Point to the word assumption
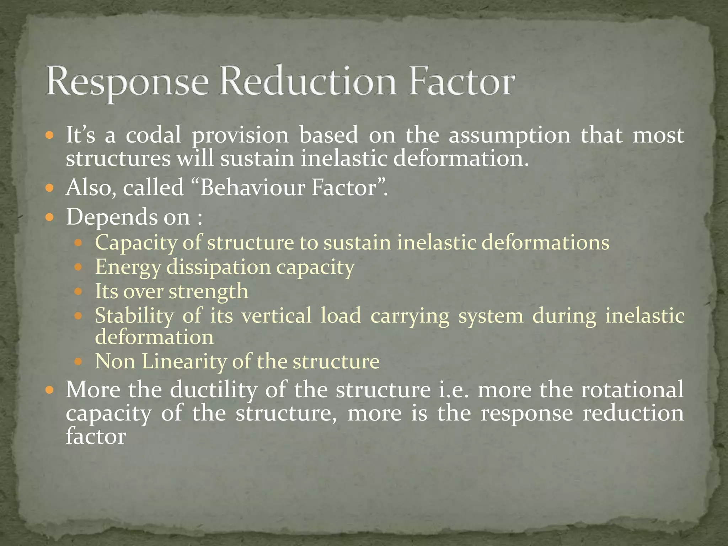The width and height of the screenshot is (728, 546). (509, 136)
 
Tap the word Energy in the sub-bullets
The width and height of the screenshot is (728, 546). (128, 267)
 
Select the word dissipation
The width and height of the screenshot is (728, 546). (219, 267)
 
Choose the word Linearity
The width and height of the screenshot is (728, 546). (184, 362)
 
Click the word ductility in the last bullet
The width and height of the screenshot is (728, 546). (213, 390)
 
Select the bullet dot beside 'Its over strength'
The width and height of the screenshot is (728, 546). (79, 292)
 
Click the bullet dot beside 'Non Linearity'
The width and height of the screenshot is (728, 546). (79, 362)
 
